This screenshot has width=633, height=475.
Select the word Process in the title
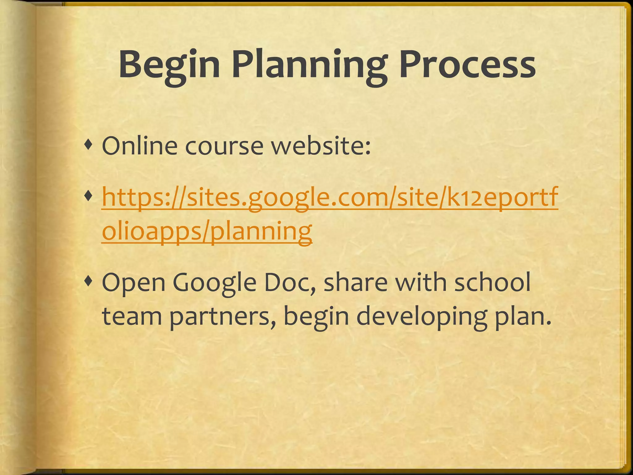pyautogui.click(x=467, y=66)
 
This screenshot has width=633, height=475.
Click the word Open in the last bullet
pyautogui.click(x=134, y=283)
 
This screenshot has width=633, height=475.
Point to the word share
pyautogui.click(x=355, y=283)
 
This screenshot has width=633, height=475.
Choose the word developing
pyautogui.click(x=422, y=317)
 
